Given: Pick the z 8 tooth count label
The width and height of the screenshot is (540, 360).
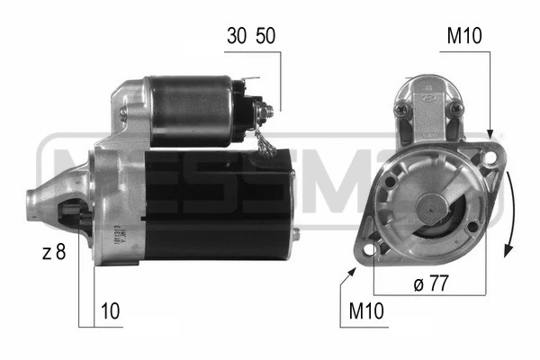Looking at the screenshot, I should click(x=54, y=253).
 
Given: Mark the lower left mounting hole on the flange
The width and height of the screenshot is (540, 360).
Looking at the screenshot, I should click(x=370, y=241).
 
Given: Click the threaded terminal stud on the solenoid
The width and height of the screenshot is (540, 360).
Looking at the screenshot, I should click(x=266, y=110).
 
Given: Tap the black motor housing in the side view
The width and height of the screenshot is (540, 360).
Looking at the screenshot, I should click(x=216, y=207).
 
